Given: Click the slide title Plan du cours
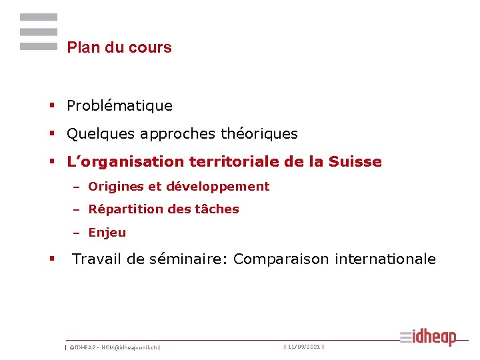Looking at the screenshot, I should click(x=119, y=47).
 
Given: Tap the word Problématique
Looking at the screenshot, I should click(x=119, y=106).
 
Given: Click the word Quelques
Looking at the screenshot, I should click(x=100, y=134).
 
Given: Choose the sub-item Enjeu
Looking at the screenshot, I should click(x=107, y=233).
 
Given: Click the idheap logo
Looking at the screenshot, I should click(x=429, y=337).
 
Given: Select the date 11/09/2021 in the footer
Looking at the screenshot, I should click(x=303, y=347).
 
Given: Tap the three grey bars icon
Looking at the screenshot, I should click(x=39, y=32).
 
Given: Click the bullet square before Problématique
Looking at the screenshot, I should click(x=51, y=106).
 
